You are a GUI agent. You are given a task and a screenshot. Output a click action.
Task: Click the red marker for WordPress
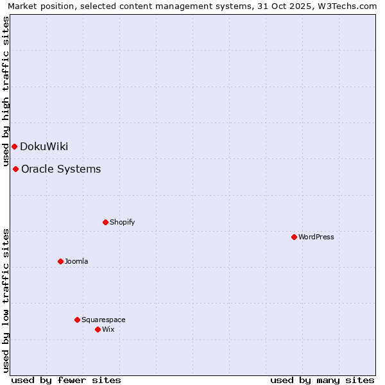294,237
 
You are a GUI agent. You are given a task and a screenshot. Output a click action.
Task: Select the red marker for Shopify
105,222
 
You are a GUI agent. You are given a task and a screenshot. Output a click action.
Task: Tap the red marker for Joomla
60,261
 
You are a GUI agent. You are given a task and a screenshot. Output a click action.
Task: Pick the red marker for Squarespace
77,320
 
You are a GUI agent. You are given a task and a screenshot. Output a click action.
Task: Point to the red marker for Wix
98,329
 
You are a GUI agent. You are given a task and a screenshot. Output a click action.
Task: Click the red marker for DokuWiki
14,146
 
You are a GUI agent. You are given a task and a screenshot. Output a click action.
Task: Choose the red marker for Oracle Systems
15,169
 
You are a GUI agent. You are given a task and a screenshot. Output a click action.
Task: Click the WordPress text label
316,237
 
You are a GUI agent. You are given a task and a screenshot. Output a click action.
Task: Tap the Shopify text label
122,222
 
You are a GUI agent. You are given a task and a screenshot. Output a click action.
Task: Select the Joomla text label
76,261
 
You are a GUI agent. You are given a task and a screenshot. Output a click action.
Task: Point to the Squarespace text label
103,320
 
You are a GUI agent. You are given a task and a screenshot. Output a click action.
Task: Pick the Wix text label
108,329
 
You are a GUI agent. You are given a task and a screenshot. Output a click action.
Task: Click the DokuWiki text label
44,146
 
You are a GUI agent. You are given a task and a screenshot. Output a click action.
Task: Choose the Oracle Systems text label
61,169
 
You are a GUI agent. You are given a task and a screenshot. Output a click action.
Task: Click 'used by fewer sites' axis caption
66,380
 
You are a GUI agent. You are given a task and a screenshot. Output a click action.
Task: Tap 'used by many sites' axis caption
322,380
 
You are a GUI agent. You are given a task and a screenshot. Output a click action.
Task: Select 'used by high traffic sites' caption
6,90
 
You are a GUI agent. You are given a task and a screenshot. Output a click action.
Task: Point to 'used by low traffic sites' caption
6,300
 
